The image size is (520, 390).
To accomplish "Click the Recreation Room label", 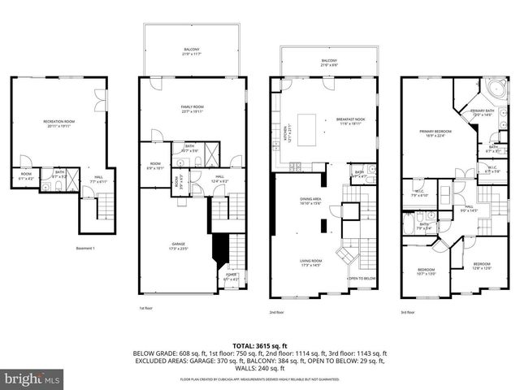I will (x=58, y=123).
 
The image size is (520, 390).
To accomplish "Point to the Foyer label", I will (x=233, y=277).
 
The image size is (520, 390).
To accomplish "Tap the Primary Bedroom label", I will (x=436, y=132).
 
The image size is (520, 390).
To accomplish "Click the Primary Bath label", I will (x=483, y=112).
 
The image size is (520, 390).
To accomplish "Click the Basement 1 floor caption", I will (x=87, y=248).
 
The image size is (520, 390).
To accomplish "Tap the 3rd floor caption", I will (x=408, y=312).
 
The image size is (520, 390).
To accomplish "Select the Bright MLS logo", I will (x=32, y=379).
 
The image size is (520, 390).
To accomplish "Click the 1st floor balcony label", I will (x=190, y=51).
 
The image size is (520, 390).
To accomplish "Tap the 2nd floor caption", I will (x=276, y=312).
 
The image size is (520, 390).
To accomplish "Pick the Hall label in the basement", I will (x=97, y=178).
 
